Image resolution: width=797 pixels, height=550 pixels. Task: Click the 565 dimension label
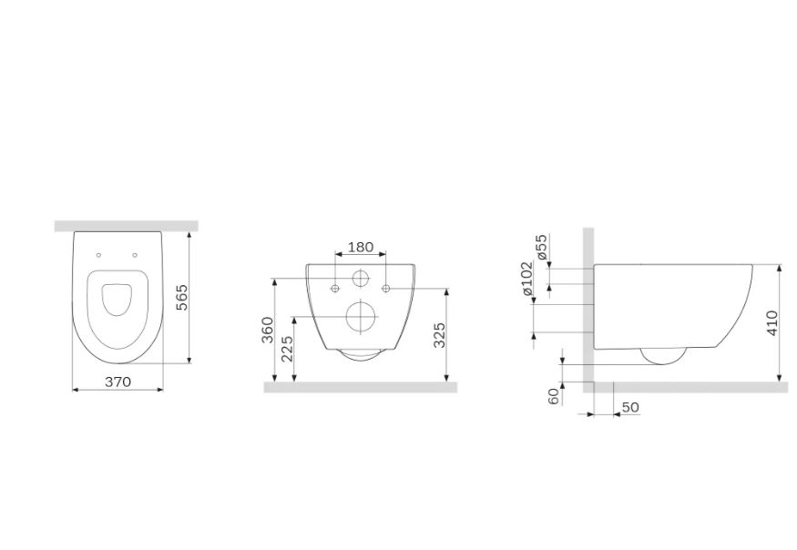click(181, 298)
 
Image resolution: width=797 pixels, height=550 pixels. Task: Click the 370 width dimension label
click(118, 382)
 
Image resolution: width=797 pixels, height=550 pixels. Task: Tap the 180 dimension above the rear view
click(361, 247)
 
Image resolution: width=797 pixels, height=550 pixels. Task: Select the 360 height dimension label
click(268, 330)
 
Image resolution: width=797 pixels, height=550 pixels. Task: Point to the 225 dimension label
click(287, 348)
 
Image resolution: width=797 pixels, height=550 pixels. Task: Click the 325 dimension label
click(439, 335)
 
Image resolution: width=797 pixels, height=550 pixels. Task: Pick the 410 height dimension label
click(771, 322)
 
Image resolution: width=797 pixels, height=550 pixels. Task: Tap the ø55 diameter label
click(542, 247)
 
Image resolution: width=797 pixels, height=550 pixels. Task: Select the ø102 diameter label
click(526, 279)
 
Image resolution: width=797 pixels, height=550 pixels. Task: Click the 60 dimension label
click(554, 395)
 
